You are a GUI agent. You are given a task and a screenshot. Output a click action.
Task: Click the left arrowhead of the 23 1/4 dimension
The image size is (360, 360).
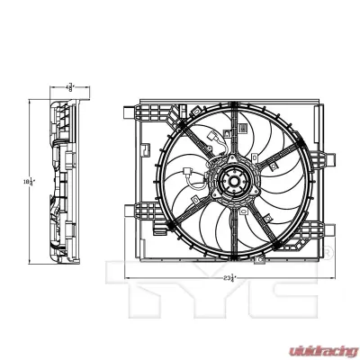point(127,280)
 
